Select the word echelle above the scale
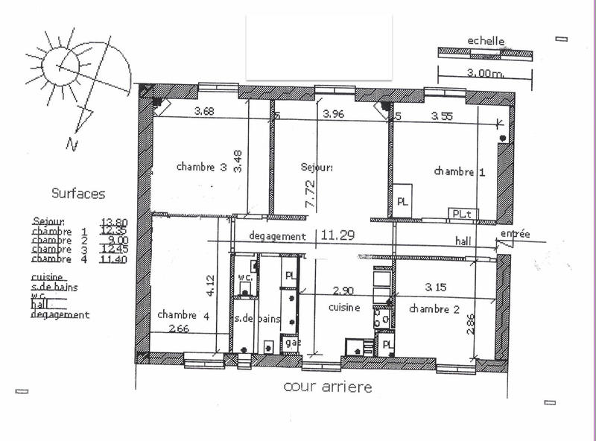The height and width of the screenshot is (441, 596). coord(486,41)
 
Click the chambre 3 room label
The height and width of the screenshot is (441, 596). coord(201,168)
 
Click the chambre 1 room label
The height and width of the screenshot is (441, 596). coord(460,172)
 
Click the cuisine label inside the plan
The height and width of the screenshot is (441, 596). coord(344,307)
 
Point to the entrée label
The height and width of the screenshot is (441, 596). coord(515,234)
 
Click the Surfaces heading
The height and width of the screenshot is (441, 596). coord(77,194)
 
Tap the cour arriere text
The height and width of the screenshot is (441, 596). coord(327,387)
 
